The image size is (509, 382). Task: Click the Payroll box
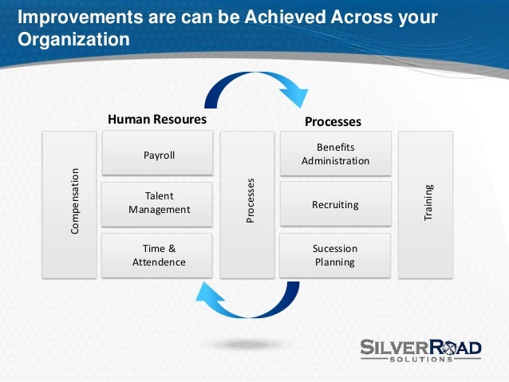point(159,155)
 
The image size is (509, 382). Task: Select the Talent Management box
point(159,203)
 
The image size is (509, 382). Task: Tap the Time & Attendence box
point(159,254)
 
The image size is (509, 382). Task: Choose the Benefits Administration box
point(335,154)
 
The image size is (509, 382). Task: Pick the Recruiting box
point(335,205)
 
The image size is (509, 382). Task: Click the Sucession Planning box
point(335,254)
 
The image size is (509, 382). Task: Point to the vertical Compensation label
point(75,200)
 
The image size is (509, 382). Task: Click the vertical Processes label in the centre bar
point(250,200)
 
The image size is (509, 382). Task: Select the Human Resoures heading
point(157,120)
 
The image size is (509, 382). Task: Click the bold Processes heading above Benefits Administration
point(333,122)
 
